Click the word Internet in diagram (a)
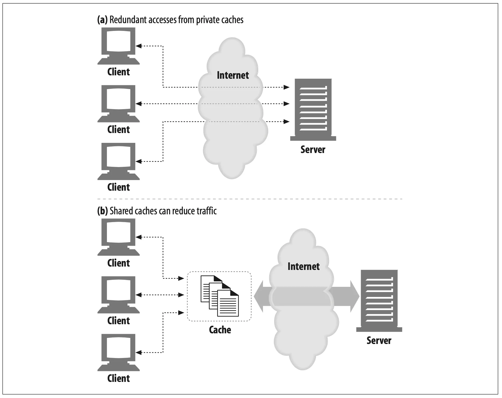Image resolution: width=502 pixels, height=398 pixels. click(233, 75)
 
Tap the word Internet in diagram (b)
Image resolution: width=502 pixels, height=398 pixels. click(304, 267)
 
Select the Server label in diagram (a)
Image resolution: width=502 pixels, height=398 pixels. click(313, 150)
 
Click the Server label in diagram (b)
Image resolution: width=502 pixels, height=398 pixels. click(379, 341)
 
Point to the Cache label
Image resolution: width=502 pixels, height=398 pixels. click(220, 330)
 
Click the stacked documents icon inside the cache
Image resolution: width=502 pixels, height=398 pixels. click(220, 296)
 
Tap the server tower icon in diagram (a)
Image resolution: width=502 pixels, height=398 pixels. click(313, 110)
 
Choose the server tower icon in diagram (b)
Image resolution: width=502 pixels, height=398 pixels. click(379, 301)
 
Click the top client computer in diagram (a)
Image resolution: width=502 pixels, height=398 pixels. click(118, 46)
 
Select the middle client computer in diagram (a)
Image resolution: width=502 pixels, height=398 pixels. click(118, 104)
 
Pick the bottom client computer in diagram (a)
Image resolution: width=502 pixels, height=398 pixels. click(118, 161)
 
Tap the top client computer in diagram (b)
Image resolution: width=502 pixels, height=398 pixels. click(118, 237)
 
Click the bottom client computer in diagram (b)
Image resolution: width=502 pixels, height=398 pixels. click(118, 353)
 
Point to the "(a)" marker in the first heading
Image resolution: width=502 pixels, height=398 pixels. click(102, 20)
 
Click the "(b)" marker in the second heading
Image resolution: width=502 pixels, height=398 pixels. click(102, 211)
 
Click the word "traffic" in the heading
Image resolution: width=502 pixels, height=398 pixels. click(207, 211)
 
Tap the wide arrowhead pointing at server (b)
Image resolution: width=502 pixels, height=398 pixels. click(355, 296)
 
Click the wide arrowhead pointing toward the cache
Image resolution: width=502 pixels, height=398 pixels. click(259, 296)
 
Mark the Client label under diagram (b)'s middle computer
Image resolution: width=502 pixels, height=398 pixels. click(119, 321)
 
